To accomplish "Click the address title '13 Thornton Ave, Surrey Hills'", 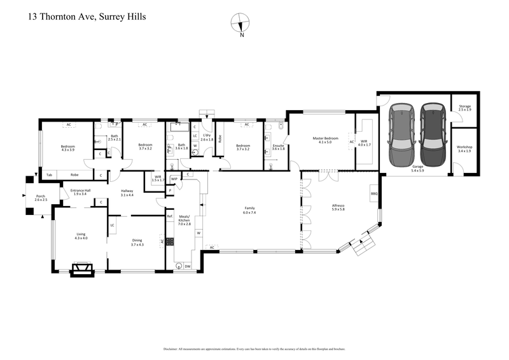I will [87, 17].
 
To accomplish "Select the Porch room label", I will [41, 198].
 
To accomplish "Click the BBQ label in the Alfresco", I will [373, 193].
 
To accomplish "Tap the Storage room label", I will [464, 107].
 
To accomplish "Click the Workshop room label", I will [464, 148].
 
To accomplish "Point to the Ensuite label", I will [278, 146].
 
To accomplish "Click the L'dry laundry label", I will [207, 135].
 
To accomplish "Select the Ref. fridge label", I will [170, 217].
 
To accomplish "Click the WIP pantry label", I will [174, 179].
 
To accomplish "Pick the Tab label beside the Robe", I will [48, 174].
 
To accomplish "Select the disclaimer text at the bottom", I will [254, 349].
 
